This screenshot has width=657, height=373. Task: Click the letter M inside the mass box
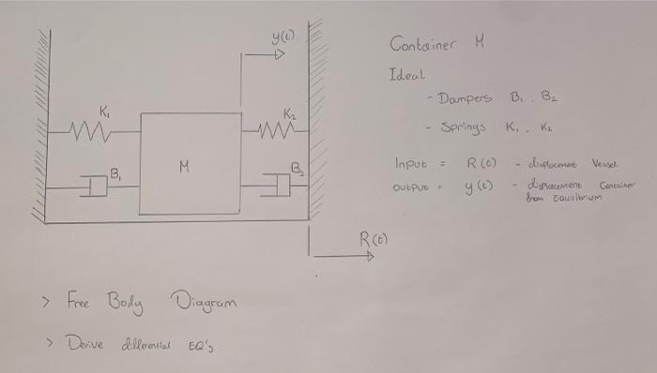point(186,167)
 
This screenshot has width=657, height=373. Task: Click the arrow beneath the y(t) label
point(267,56)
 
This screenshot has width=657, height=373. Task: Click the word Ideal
point(407,73)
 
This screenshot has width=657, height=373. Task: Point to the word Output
point(414,185)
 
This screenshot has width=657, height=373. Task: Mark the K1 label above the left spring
point(105,112)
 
